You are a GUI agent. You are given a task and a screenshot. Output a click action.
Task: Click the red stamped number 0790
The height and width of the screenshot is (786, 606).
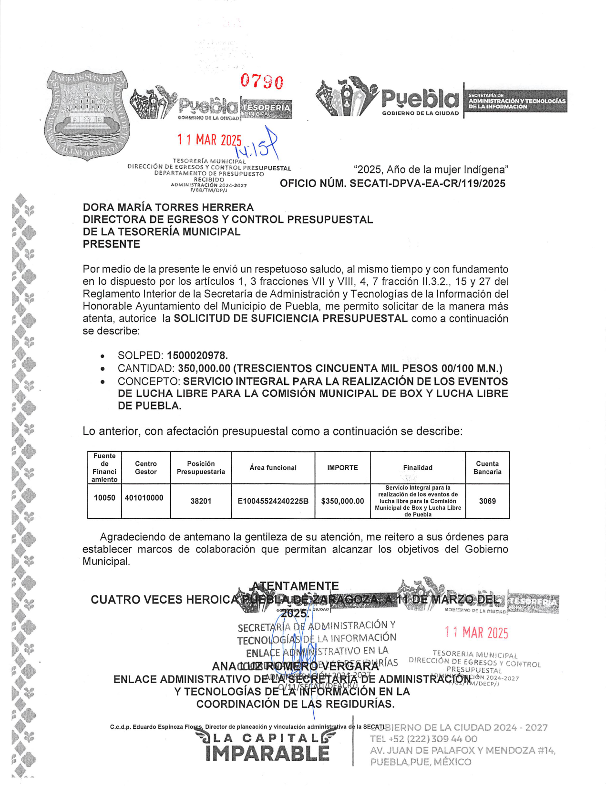coord(262,81)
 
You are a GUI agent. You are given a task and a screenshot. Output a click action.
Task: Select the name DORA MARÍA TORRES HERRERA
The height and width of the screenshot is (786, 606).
coord(168,207)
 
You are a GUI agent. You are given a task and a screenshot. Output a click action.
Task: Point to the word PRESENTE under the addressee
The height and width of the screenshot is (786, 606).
coord(112,244)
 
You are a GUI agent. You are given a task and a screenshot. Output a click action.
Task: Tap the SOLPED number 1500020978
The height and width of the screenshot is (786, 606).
coord(197,355)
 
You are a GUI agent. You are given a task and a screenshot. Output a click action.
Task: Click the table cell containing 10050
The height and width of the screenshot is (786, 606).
coord(104,498)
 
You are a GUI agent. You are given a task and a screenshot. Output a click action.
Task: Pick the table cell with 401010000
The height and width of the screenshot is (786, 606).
coord(144,498)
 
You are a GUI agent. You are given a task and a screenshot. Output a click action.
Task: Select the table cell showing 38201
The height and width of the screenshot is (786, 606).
coord(201,501)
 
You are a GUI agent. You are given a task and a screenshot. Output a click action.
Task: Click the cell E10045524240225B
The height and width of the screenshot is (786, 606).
coord(273,501)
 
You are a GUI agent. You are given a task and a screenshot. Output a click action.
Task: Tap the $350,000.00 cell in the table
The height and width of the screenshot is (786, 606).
coord(342,501)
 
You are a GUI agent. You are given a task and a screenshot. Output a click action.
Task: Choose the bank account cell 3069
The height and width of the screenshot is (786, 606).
coord(487,501)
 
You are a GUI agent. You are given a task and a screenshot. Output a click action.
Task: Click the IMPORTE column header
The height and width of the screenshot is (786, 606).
coord(342,468)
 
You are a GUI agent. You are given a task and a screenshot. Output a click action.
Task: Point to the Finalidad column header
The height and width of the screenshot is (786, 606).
coord(418,468)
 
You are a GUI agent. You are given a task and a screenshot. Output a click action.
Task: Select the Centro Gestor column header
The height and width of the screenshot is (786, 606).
coord(146,468)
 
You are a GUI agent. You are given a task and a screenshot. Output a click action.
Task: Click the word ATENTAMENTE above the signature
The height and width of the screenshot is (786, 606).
coord(295,586)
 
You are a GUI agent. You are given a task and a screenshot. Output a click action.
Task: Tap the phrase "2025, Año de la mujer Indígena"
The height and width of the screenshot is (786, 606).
coord(431,170)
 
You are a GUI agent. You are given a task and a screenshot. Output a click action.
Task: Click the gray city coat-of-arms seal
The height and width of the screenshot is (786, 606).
coord(86,114)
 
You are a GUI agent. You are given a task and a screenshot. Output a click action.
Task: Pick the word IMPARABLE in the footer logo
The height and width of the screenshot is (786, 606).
coord(267,754)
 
